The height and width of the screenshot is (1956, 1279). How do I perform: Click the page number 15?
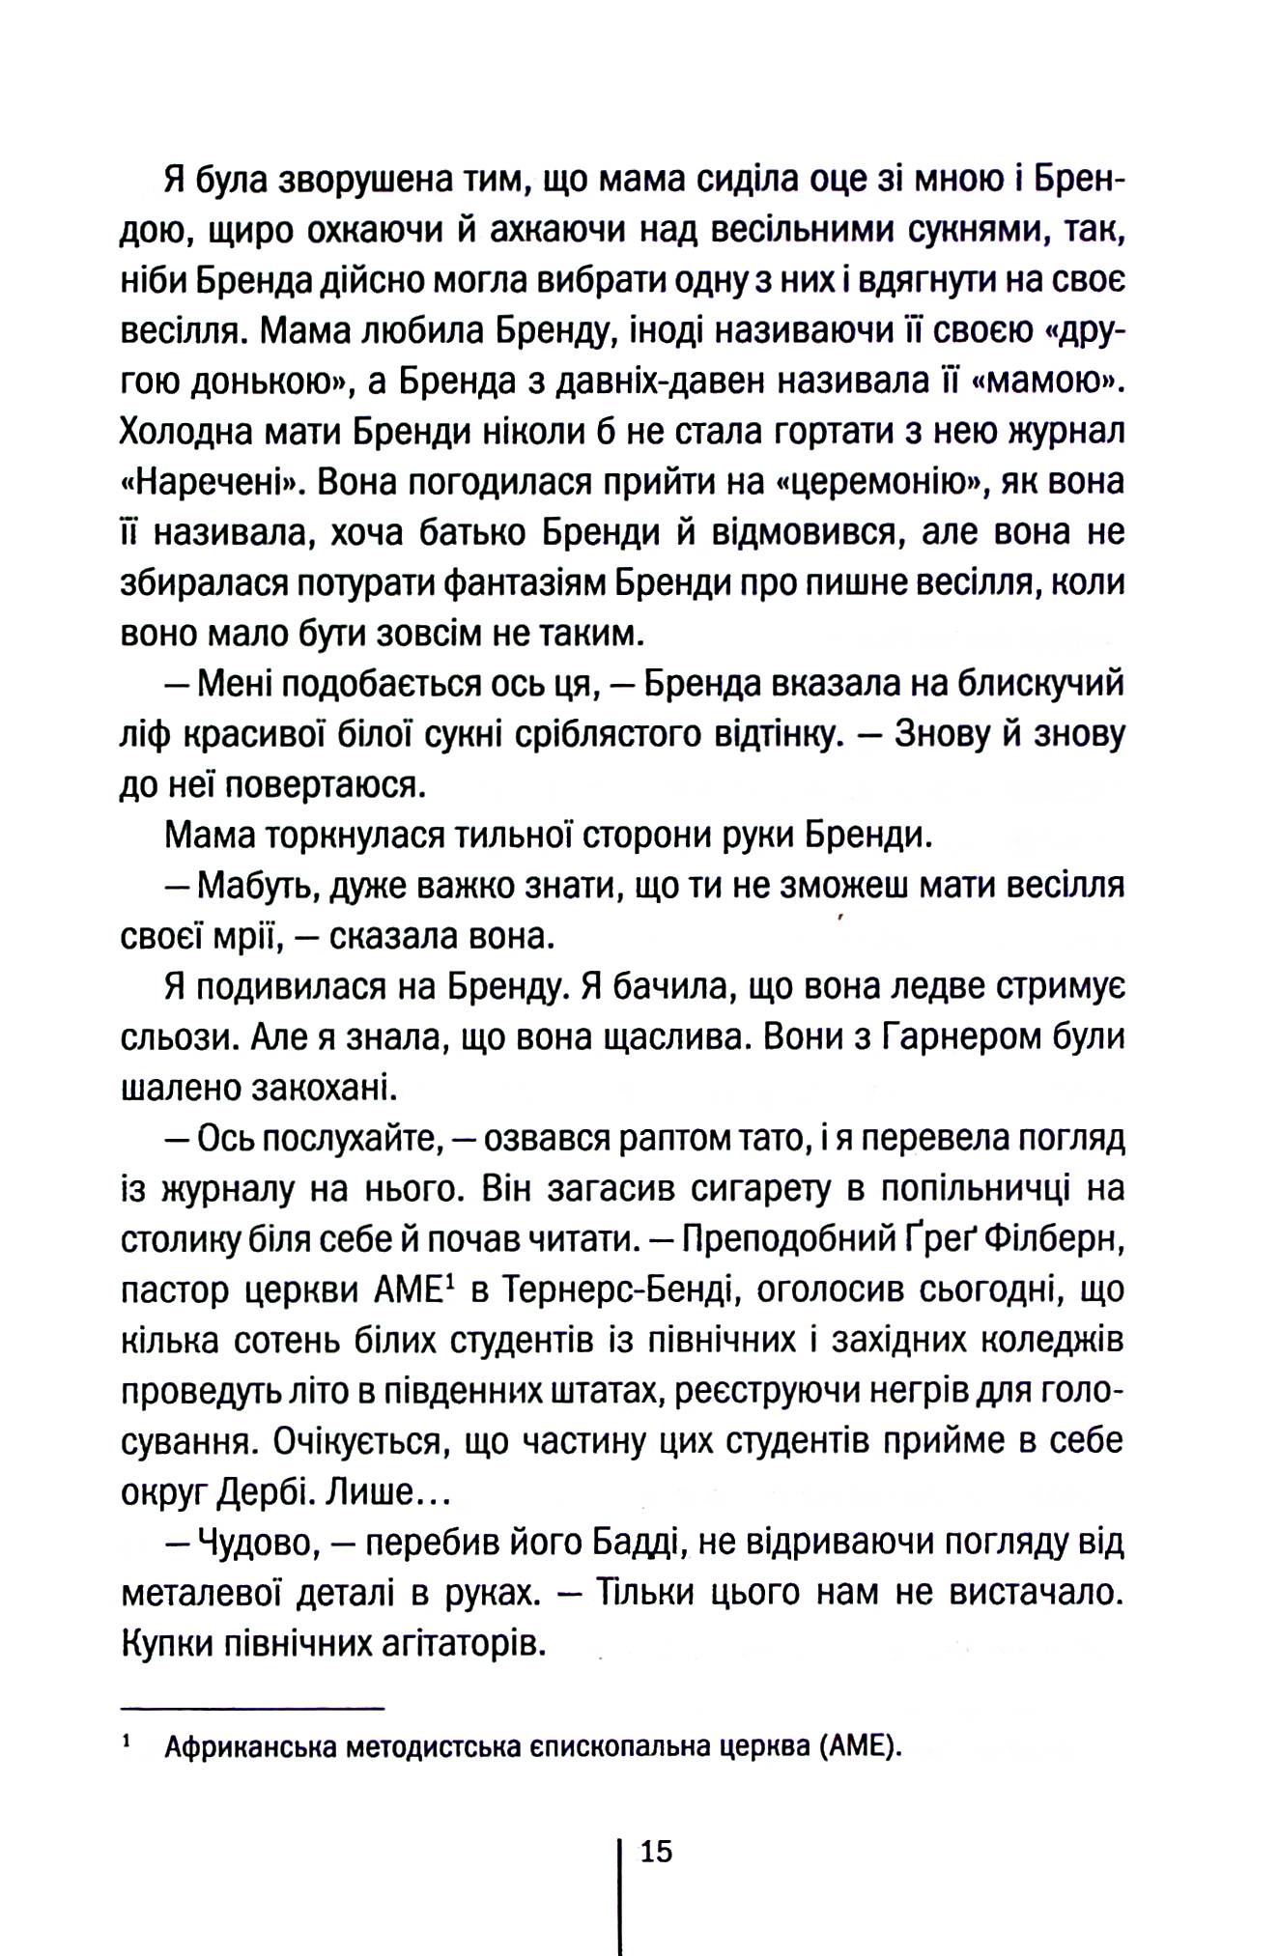[654, 1852]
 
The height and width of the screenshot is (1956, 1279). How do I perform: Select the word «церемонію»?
[873, 481]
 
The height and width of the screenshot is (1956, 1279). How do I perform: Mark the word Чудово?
[257, 1544]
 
